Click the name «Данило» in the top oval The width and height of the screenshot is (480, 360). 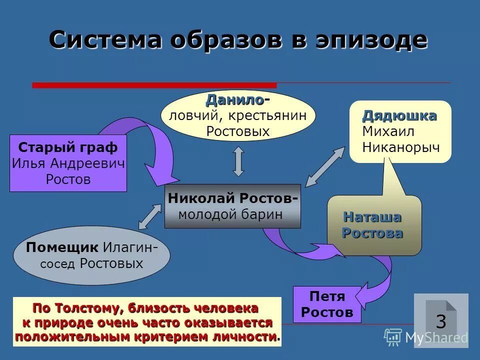point(235,100)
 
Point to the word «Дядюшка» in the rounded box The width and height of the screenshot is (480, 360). point(399,116)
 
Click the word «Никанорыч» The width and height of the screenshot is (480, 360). point(401,147)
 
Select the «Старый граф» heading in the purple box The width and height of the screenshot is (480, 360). point(68,147)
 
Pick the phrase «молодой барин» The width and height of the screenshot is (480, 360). point(230,214)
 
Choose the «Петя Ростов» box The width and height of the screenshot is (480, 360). point(327,304)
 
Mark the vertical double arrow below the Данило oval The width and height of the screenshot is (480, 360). point(238,161)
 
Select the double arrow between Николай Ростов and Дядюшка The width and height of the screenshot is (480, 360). point(325,166)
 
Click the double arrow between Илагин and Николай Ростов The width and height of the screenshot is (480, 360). point(150,216)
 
